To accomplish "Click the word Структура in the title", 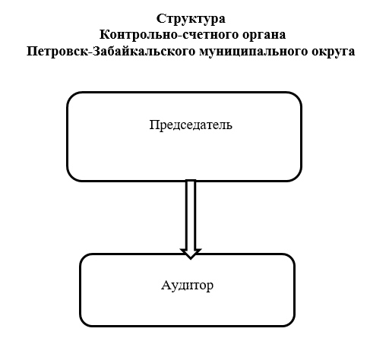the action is coord(191,19).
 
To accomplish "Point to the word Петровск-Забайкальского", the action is coord(111,51).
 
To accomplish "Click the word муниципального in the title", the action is coord(254,52).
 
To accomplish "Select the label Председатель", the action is coord(191,125).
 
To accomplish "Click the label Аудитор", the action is coord(187,286).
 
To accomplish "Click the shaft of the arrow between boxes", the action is coord(191,215).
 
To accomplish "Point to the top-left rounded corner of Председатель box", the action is coord(71,96).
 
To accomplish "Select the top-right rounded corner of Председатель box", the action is coord(297,96).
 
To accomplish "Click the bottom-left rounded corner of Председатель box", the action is coord(71,177).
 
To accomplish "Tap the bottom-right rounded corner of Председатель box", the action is coord(297,177).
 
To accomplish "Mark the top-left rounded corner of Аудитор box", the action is coord(84,257).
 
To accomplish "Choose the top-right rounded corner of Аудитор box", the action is coord(291,257).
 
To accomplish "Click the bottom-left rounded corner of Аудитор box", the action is coord(84,323).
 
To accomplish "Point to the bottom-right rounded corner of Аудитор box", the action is coord(291,323).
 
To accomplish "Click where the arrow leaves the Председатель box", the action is coord(191,181).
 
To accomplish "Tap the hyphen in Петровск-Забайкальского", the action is coord(90,52).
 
